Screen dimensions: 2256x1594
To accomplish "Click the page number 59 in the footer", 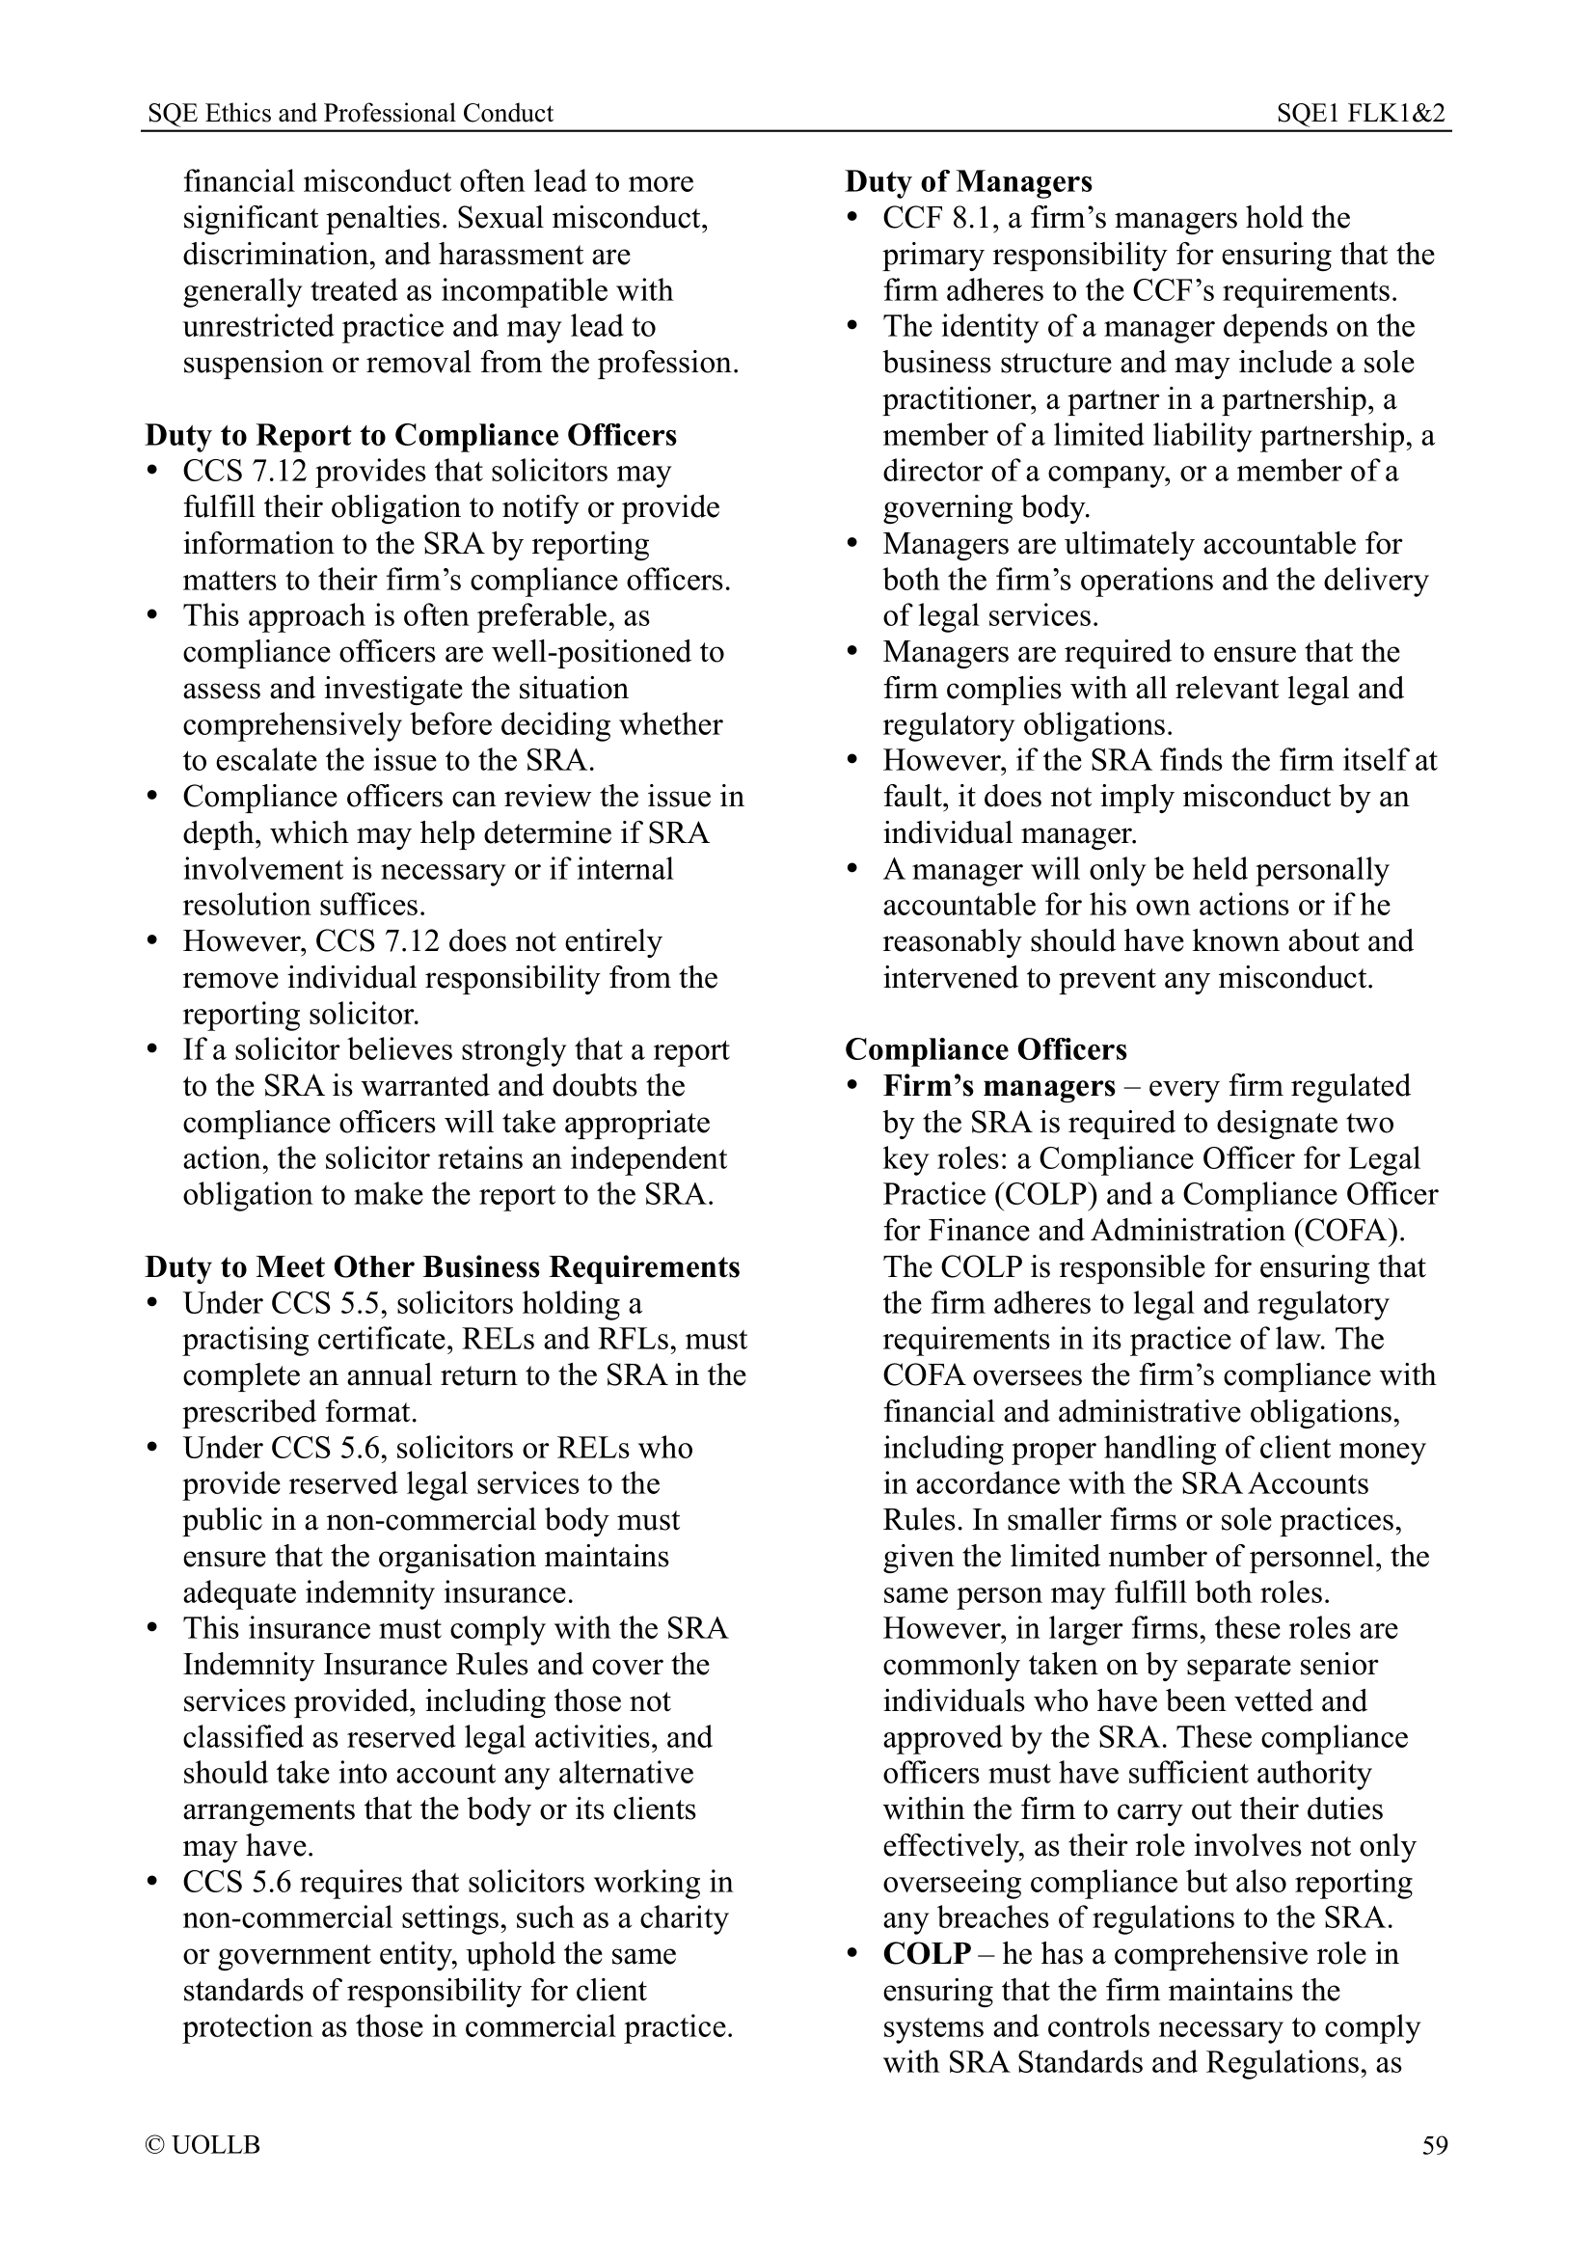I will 1434,2145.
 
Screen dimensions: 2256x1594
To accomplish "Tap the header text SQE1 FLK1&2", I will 1361,114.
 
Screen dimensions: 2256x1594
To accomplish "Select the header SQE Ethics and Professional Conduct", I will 350,114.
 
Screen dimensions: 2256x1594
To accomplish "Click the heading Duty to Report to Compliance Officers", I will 411,435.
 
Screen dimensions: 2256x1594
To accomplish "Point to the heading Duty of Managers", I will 967,181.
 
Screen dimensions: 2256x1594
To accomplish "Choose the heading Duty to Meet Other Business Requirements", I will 442,1267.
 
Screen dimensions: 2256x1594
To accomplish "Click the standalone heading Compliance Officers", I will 986,1050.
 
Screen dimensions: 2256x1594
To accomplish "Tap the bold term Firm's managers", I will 998,1087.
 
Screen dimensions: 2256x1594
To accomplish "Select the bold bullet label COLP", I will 926,1954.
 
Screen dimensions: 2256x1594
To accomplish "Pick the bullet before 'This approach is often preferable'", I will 152,616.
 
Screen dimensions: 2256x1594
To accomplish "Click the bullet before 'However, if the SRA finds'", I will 852,760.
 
